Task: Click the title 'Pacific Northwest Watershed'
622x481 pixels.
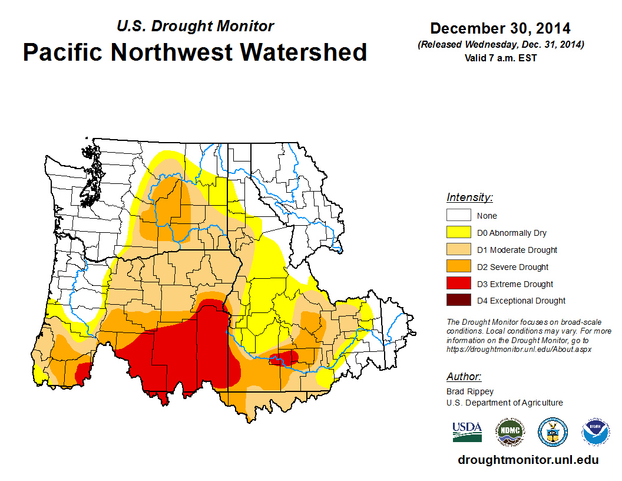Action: pos(195,52)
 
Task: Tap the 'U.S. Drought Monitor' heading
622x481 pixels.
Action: pos(195,26)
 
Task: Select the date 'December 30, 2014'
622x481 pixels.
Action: pos(500,28)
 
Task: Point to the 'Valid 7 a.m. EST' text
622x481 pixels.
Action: pos(500,58)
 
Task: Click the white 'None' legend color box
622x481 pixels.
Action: pos(458,216)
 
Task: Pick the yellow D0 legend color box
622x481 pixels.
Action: pos(458,233)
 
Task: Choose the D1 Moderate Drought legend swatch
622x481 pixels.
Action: pos(458,250)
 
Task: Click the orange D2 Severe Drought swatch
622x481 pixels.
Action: pos(458,267)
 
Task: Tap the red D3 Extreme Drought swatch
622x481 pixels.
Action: pos(458,284)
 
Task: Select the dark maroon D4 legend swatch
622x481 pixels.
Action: pos(458,301)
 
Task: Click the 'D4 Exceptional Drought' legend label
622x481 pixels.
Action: pos(521,301)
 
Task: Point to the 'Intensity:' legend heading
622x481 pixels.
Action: pos(469,197)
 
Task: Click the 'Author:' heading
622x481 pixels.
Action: pos(464,377)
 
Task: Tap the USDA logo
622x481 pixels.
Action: pos(467,431)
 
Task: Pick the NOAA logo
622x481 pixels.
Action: pos(595,431)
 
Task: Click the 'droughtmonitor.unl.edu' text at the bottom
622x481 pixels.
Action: pos(528,460)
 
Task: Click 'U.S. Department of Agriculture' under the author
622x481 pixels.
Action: pos(504,403)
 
